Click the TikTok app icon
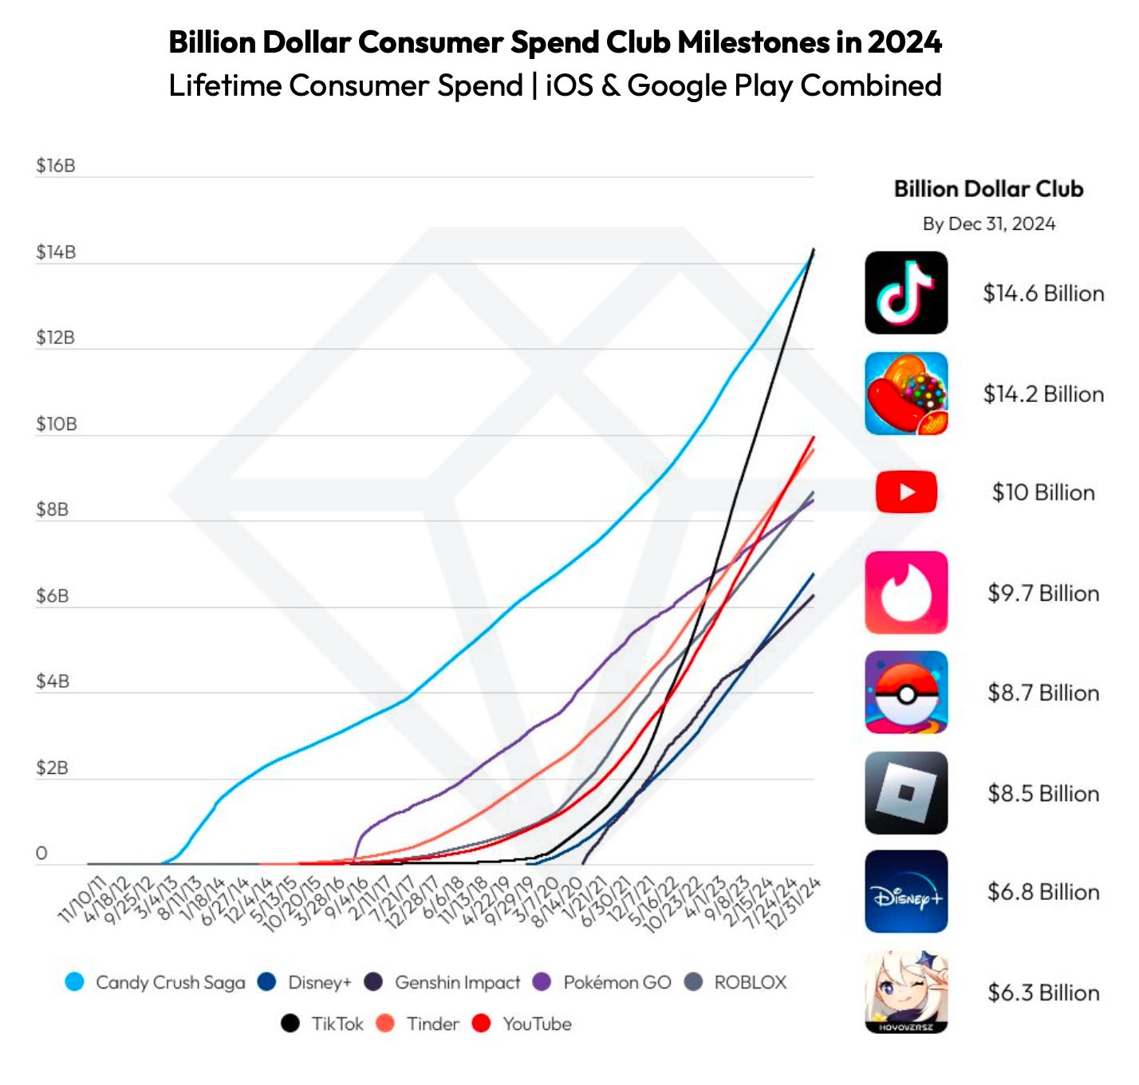tap(906, 293)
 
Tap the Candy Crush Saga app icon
tap(906, 393)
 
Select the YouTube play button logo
tap(906, 492)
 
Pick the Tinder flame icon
tap(906, 593)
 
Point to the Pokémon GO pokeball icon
tap(906, 692)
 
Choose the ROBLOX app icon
tap(906, 793)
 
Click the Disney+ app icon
tap(906, 892)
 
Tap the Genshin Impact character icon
tap(906, 992)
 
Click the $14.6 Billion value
tap(1042, 294)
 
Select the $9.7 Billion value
tap(1042, 594)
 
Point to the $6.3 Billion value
tap(1042, 992)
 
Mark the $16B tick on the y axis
tap(56, 166)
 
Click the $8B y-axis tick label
tap(53, 510)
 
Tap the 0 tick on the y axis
tap(42, 854)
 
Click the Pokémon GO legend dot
tap(542, 982)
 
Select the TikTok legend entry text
tap(337, 1024)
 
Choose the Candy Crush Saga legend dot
tap(75, 982)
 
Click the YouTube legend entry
tap(537, 1024)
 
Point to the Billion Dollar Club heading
tap(988, 189)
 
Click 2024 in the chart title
tap(905, 42)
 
